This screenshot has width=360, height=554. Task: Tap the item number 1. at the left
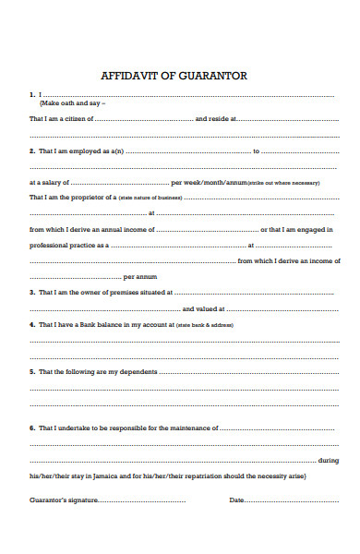(33, 94)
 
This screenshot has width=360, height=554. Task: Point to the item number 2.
(33, 151)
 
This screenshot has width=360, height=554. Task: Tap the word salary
(57, 182)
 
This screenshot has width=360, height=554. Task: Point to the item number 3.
(33, 293)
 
